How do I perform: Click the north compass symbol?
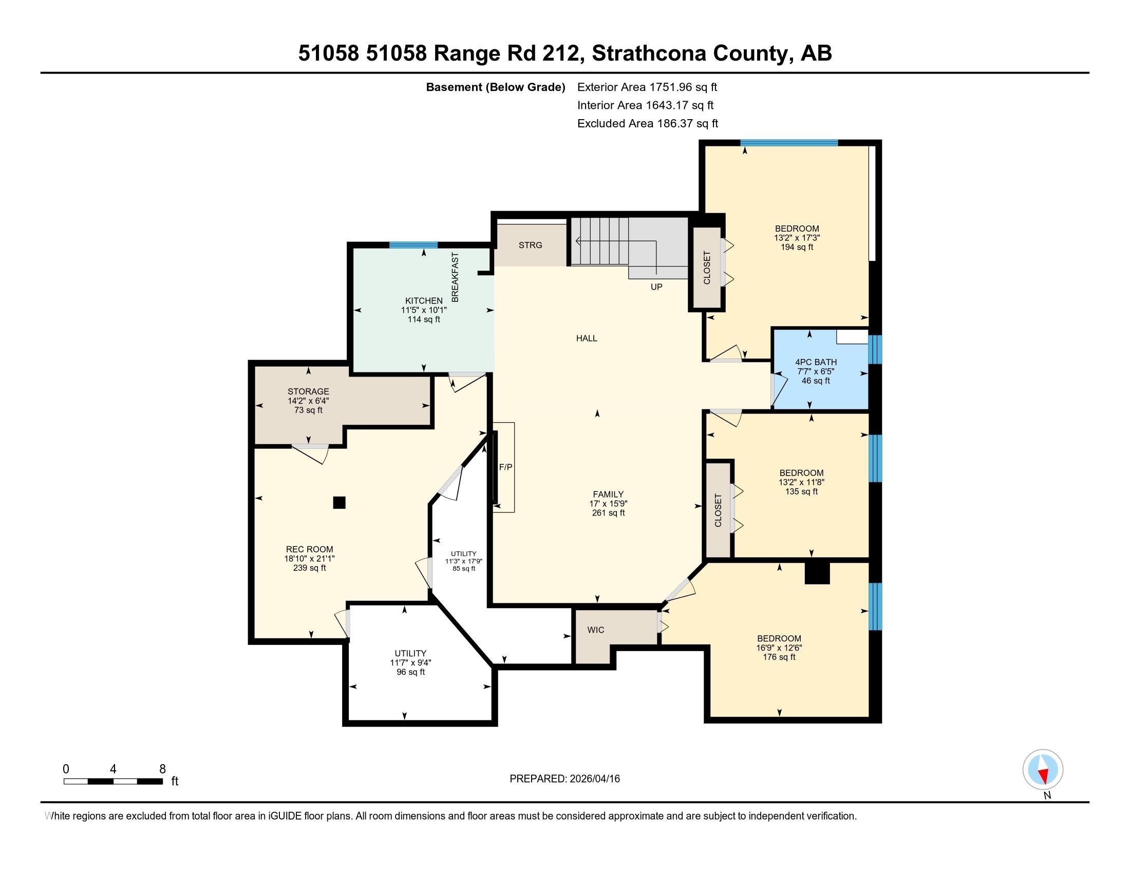1043,770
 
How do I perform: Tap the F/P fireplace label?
505,467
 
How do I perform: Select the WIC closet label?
595,630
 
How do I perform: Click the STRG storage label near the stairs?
531,245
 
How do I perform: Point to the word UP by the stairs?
656,287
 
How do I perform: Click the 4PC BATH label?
816,362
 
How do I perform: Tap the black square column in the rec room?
339,502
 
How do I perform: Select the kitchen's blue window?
413,245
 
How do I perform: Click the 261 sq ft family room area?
609,513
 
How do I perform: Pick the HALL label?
587,338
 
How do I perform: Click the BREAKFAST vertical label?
455,277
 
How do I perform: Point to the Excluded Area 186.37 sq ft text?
647,124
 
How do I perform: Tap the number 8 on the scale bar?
162,769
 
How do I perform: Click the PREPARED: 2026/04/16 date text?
564,779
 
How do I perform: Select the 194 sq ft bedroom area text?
797,247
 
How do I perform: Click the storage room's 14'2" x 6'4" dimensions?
308,401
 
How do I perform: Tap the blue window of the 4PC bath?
874,349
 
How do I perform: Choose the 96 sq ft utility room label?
410,672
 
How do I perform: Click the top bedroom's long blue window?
788,143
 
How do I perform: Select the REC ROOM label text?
309,549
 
